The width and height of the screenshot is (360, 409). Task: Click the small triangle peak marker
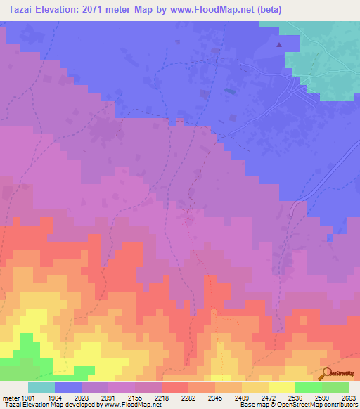pyautogui.click(x=280, y=45)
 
